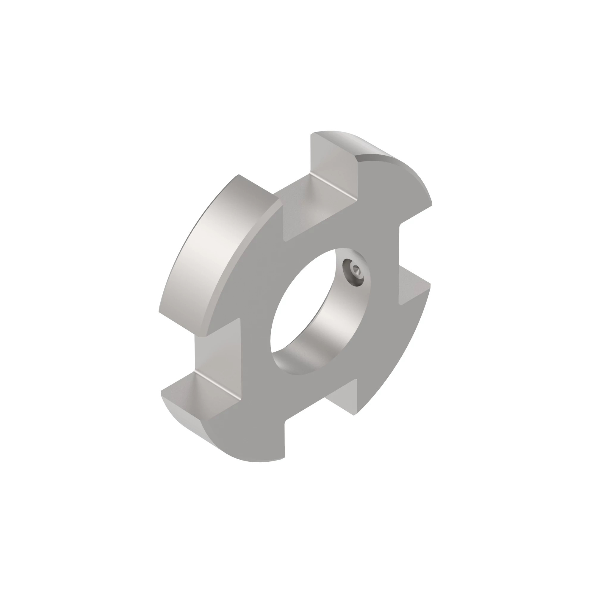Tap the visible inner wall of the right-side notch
413,286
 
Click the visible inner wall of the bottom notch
342,397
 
